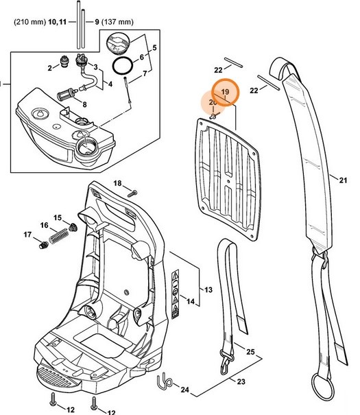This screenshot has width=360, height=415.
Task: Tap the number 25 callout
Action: click(x=250, y=352)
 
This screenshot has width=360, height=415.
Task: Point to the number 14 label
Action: click(x=189, y=302)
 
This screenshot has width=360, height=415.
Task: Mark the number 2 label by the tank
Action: click(x=50, y=68)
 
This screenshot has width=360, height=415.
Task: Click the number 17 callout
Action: click(x=28, y=235)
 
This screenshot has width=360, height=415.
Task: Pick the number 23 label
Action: click(x=241, y=381)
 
